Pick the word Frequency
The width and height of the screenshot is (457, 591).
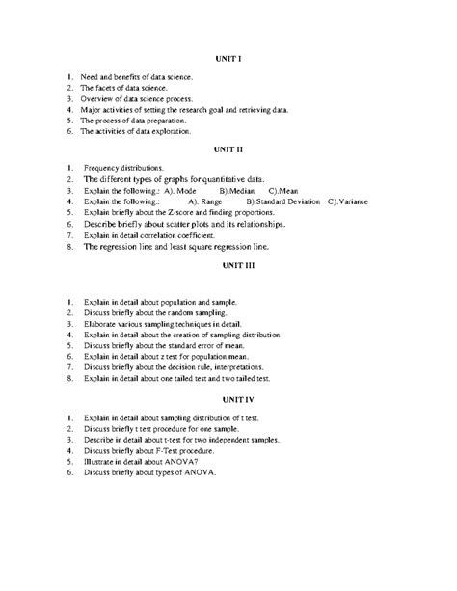pos(105,166)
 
